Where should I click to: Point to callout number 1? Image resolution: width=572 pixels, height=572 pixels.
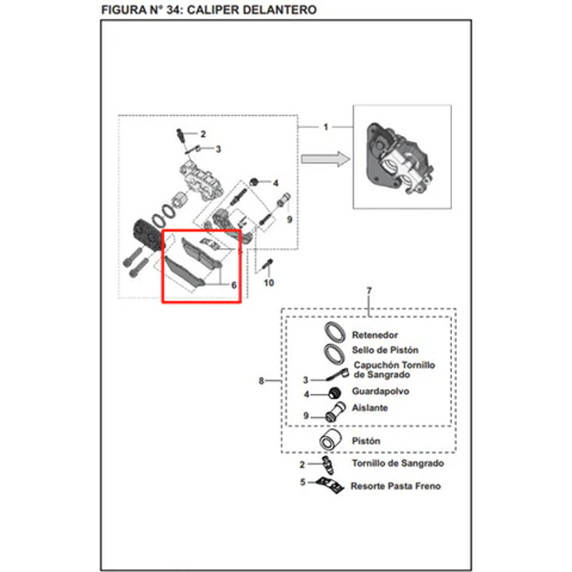coord(325,127)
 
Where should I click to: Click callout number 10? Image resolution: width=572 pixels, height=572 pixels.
coord(269,283)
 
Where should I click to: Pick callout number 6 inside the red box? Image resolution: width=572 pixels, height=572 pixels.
coord(233,284)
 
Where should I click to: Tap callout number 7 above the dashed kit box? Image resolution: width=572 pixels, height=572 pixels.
coord(369,291)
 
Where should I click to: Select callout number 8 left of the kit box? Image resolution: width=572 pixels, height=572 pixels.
coord(262,380)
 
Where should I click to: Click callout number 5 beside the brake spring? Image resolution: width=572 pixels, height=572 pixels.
coord(302,482)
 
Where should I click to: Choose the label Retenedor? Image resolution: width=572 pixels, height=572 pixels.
coord(375,335)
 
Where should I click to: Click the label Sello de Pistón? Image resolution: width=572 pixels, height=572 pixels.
coord(385,350)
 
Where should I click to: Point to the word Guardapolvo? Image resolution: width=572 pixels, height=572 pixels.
coord(381,392)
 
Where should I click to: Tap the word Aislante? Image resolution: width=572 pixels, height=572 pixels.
coord(370,408)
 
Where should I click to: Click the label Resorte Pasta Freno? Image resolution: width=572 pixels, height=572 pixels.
coord(395,486)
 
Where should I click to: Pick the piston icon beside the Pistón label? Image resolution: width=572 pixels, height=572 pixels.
coord(330,440)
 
